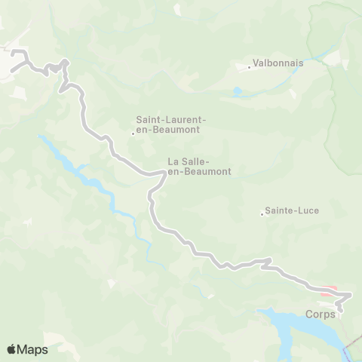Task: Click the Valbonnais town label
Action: point(278,63)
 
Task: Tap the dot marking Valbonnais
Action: point(250,68)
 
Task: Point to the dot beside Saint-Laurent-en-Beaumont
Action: point(133,135)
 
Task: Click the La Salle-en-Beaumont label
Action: point(199,166)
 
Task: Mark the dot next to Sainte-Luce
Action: point(262,215)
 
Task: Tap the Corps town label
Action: point(321,314)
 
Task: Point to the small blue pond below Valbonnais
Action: point(238,92)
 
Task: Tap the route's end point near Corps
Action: point(339,309)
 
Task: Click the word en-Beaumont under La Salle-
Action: point(199,172)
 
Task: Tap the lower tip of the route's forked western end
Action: point(11,70)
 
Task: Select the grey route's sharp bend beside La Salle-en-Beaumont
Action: point(163,174)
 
